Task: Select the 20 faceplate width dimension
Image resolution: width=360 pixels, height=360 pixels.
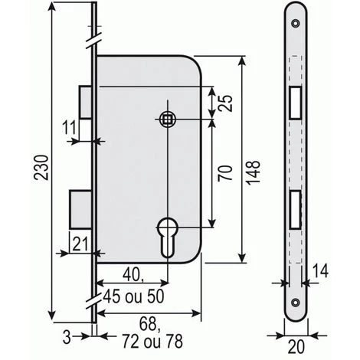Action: click(296, 347)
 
